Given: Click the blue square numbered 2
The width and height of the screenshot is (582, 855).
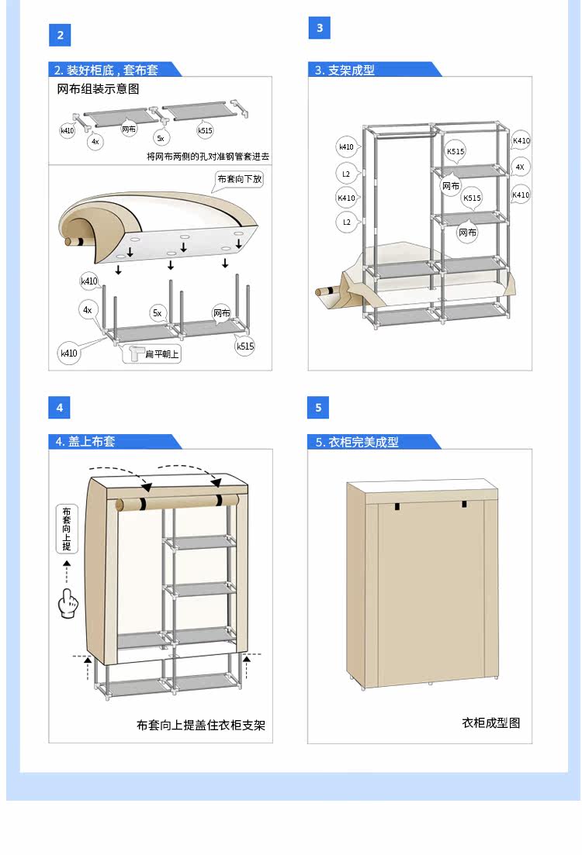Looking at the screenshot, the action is (60, 35).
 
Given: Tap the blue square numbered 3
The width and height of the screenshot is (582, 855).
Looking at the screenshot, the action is (319, 28).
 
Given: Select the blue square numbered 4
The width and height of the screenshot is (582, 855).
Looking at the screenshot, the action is (59, 407).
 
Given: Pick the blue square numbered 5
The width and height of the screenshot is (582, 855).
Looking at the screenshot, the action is (318, 408).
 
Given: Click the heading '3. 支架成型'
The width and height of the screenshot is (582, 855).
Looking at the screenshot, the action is (345, 70).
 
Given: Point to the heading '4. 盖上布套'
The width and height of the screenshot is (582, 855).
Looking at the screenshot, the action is (85, 441).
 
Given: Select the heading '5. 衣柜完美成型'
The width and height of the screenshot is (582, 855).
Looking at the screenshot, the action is (357, 442).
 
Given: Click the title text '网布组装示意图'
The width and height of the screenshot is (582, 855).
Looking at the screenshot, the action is (99, 90).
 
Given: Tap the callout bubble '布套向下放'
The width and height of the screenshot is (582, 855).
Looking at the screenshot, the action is (240, 179).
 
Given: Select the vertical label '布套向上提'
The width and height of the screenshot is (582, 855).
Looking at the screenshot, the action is (67, 529).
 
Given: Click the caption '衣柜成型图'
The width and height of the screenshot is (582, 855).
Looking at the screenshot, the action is (491, 722).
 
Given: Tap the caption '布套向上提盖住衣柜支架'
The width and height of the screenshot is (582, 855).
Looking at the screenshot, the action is (201, 726).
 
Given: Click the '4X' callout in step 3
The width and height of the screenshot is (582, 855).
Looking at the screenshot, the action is (520, 167).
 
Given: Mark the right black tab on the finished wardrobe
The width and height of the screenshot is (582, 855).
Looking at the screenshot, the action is (465, 505).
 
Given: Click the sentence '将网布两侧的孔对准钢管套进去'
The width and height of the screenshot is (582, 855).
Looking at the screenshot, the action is (208, 157).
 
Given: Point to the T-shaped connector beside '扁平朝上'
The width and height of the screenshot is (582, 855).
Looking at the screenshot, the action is (137, 353).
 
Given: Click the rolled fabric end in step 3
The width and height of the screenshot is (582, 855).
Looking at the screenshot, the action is (325, 292).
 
